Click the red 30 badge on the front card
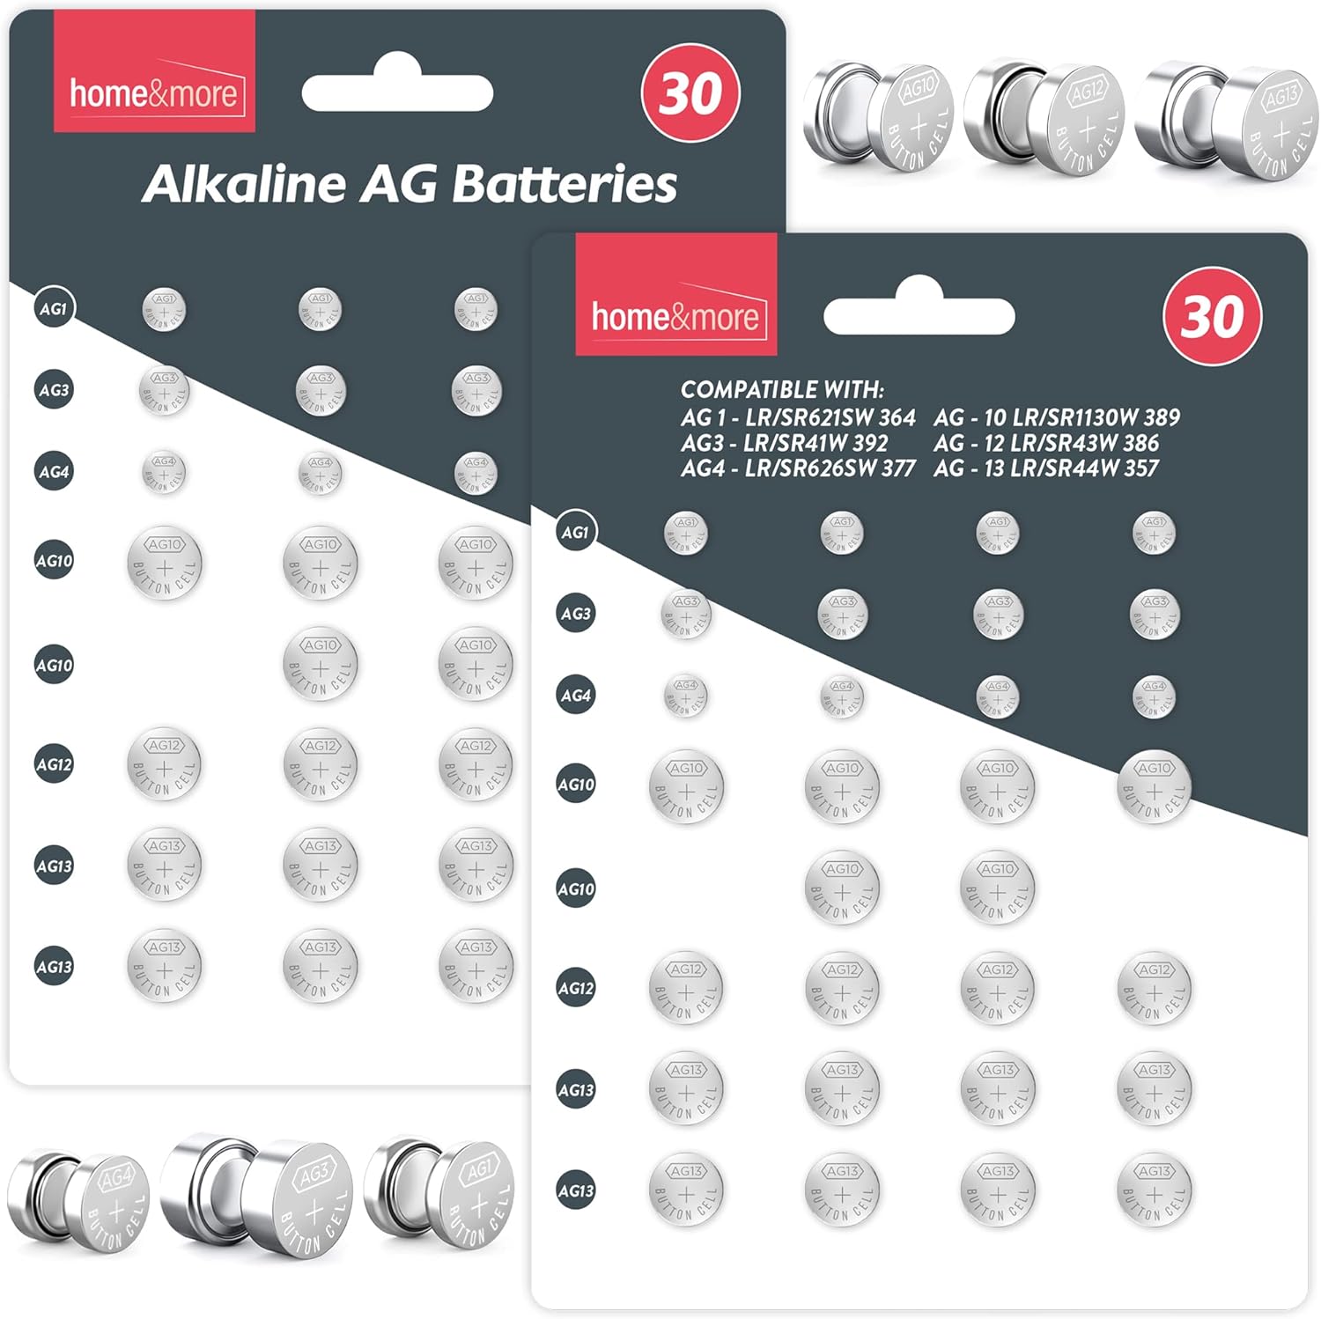click(x=1212, y=316)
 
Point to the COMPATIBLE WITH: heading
click(x=782, y=390)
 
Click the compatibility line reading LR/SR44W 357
click(x=1046, y=468)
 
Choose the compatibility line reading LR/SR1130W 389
click(x=1057, y=417)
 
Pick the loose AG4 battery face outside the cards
click(x=115, y=1199)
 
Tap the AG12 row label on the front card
click(x=576, y=988)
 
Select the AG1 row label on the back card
click(x=54, y=309)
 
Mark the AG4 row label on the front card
click(x=576, y=696)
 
